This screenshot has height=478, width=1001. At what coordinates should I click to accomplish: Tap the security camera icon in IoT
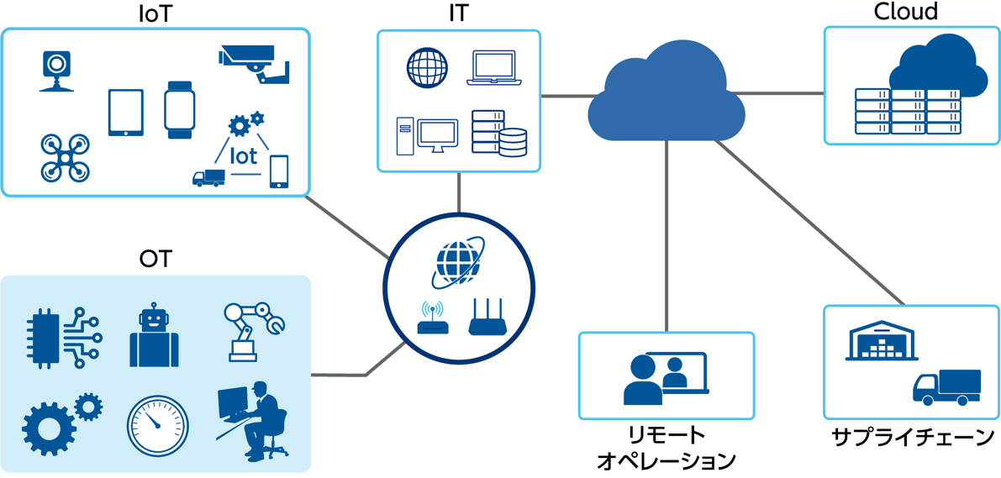(x=255, y=63)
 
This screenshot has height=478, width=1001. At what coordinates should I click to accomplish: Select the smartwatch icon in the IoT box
(x=179, y=109)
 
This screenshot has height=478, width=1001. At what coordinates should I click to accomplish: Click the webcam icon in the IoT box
(x=55, y=70)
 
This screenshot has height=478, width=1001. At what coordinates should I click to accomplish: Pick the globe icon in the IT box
(x=428, y=68)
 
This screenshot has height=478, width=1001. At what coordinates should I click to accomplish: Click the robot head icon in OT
(x=154, y=336)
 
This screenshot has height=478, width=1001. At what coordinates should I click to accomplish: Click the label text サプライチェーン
(x=913, y=438)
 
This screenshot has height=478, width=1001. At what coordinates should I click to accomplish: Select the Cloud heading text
(x=906, y=12)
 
